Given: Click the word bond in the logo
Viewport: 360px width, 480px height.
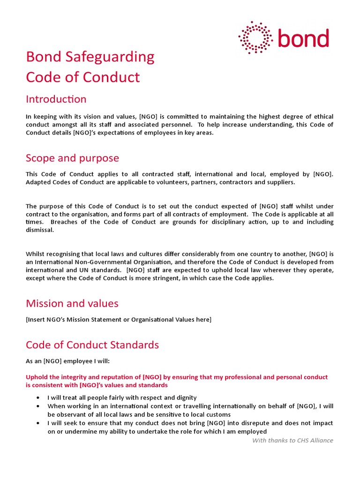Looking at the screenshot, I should point(303,38).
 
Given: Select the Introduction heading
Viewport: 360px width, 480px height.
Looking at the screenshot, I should point(56,99).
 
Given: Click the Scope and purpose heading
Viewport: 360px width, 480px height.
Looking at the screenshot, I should point(72,158).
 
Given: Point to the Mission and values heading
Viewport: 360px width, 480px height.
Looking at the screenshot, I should point(72,303).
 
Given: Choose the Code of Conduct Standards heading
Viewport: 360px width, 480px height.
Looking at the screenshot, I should point(92,345).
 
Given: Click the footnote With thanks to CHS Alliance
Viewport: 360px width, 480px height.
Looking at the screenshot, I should point(292,440).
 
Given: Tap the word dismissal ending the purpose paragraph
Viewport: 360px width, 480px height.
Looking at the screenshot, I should point(40,230).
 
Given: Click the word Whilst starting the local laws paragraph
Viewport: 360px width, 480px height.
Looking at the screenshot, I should point(36,254).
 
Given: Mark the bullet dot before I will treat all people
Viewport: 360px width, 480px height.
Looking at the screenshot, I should point(38,397).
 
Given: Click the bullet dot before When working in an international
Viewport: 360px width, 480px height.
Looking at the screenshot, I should point(38,406).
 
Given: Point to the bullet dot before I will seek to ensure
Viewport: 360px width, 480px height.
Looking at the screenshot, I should point(38,423).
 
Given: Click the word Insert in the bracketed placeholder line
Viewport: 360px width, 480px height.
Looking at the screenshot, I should point(37,320).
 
